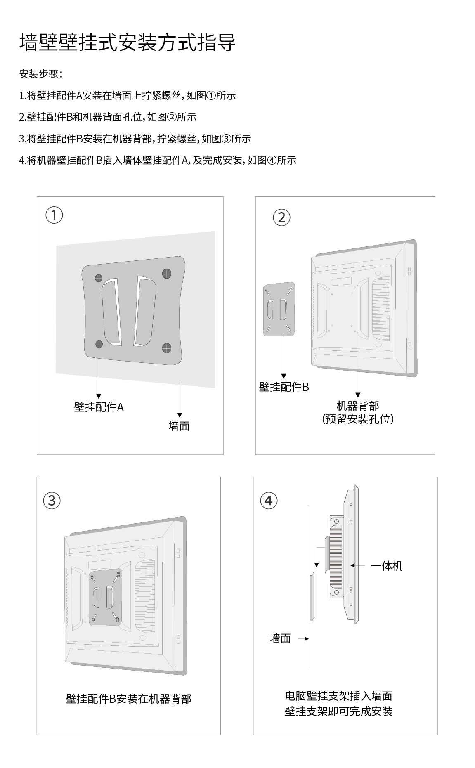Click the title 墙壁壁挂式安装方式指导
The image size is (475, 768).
pyautogui.click(x=127, y=43)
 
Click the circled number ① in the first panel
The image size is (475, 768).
pyautogui.click(x=54, y=215)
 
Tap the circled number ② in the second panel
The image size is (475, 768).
pyautogui.click(x=282, y=217)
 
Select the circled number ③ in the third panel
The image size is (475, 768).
pyautogui.click(x=52, y=500)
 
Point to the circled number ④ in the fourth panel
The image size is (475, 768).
pyautogui.click(x=269, y=500)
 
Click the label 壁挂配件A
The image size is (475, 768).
pyautogui.click(x=99, y=407)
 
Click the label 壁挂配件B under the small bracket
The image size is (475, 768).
pyautogui.click(x=284, y=387)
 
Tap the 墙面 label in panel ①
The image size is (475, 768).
pyautogui.click(x=179, y=426)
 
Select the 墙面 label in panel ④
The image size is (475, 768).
pyautogui.click(x=280, y=638)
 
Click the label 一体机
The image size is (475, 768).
pyautogui.click(x=386, y=566)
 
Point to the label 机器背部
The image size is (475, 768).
pyautogui.click(x=358, y=406)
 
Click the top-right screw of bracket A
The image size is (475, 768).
pyautogui.click(x=166, y=273)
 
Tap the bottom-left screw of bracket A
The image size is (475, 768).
pyautogui.click(x=99, y=344)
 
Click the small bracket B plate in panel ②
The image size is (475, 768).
pyautogui.click(x=279, y=310)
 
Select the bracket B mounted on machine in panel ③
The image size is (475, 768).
pyautogui.click(x=105, y=598)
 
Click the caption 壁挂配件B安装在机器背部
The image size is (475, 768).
pyautogui.click(x=128, y=699)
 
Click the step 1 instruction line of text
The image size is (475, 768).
pyautogui.click(x=127, y=96)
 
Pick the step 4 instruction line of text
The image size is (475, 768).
pyautogui.click(x=158, y=160)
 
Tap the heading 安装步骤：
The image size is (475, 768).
pyautogui.click(x=41, y=74)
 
